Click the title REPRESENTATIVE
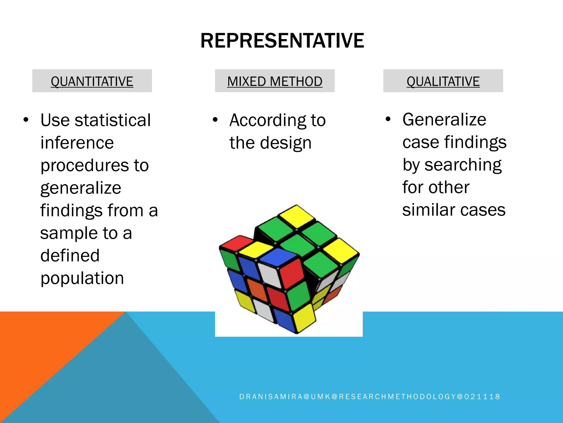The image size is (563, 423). pos(282,41)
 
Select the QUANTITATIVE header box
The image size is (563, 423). pos(92,81)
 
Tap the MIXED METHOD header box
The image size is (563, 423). pos(275,81)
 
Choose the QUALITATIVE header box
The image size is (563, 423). pos(443,81)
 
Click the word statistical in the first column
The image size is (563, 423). pos(113,120)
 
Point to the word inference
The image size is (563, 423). pos(77,143)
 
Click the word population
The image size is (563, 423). pos(82,278)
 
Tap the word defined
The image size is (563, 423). pos(70,256)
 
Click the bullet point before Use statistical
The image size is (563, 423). pos(26,120)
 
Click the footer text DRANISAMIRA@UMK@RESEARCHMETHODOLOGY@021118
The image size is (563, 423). pos(369,397)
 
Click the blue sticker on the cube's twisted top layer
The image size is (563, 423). pos(278,257)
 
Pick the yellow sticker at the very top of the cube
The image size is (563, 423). pos(296,216)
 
